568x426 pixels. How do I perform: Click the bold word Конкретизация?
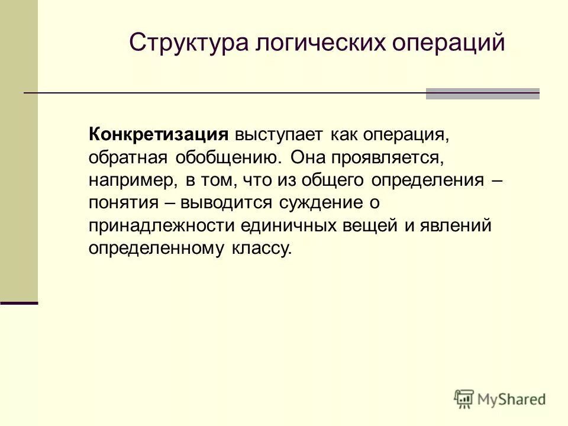(158, 134)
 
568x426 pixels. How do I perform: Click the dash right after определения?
(498, 179)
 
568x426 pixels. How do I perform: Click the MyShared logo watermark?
(500, 398)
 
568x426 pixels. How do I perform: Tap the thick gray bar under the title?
(482, 93)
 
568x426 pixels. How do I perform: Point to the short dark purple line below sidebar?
(19, 302)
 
